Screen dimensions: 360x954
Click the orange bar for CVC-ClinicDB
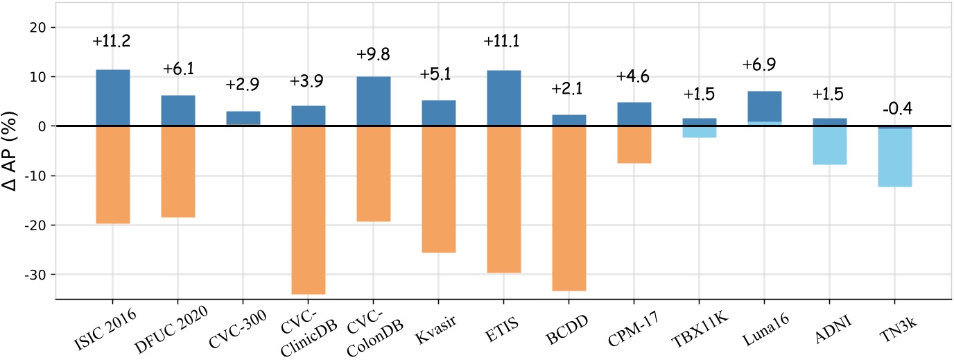tap(309, 209)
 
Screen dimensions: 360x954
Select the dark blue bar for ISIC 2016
tap(112, 98)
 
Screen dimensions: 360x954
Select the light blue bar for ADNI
tap(829, 145)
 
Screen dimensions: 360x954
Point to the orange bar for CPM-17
tap(634, 144)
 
